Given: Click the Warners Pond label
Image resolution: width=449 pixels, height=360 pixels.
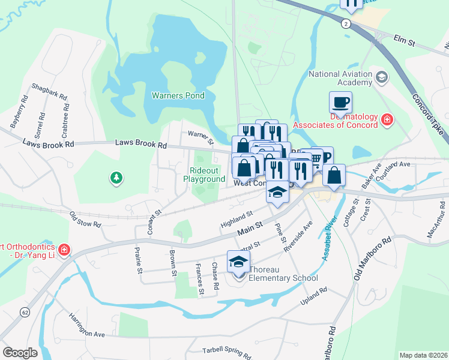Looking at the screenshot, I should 178,95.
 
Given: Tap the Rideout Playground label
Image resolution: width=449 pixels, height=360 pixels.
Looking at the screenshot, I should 204,175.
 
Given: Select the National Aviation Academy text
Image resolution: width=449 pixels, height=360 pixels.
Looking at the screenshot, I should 340,78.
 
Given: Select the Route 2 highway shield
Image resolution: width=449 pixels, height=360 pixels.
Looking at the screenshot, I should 346,23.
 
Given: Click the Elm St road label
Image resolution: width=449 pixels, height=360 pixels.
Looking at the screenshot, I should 405,40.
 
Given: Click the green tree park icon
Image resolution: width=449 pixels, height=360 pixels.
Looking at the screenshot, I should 116,178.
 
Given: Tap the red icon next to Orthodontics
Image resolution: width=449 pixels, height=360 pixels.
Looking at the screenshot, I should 64,248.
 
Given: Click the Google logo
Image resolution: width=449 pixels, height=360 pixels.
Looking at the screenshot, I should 20,352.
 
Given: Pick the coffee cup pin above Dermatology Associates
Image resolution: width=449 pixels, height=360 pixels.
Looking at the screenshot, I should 340,102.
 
